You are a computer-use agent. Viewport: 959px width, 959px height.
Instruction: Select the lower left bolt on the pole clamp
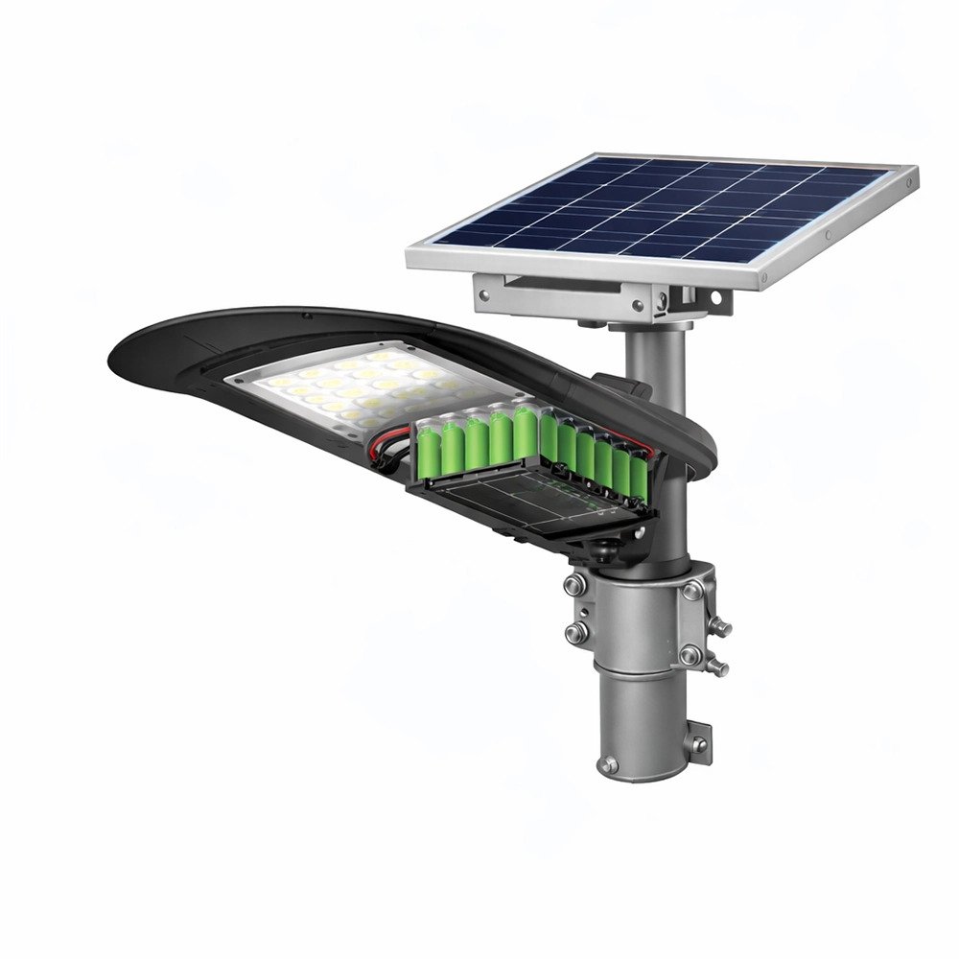(577, 630)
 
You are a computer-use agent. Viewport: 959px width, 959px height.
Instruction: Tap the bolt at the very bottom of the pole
(608, 764)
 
